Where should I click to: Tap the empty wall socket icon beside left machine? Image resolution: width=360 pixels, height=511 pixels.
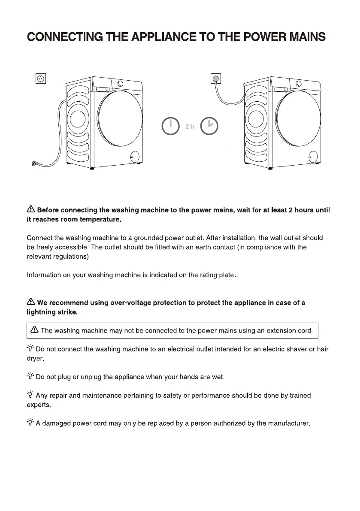[40, 79]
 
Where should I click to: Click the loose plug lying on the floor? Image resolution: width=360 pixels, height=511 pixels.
[35, 163]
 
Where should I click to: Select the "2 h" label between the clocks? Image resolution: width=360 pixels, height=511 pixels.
[190, 127]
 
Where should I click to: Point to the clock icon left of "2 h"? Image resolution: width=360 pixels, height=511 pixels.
[170, 126]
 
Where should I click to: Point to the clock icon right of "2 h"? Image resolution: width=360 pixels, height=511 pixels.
[210, 126]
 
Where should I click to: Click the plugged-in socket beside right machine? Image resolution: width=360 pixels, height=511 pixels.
[216, 79]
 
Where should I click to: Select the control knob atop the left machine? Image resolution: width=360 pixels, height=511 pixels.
[121, 84]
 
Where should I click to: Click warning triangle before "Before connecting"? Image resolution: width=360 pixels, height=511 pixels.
[30, 209]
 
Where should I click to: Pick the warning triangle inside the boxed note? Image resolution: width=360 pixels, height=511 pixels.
[34, 330]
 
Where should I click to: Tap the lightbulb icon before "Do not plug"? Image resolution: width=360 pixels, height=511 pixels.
[30, 377]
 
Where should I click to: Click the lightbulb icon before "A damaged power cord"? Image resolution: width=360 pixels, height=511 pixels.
[30, 423]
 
